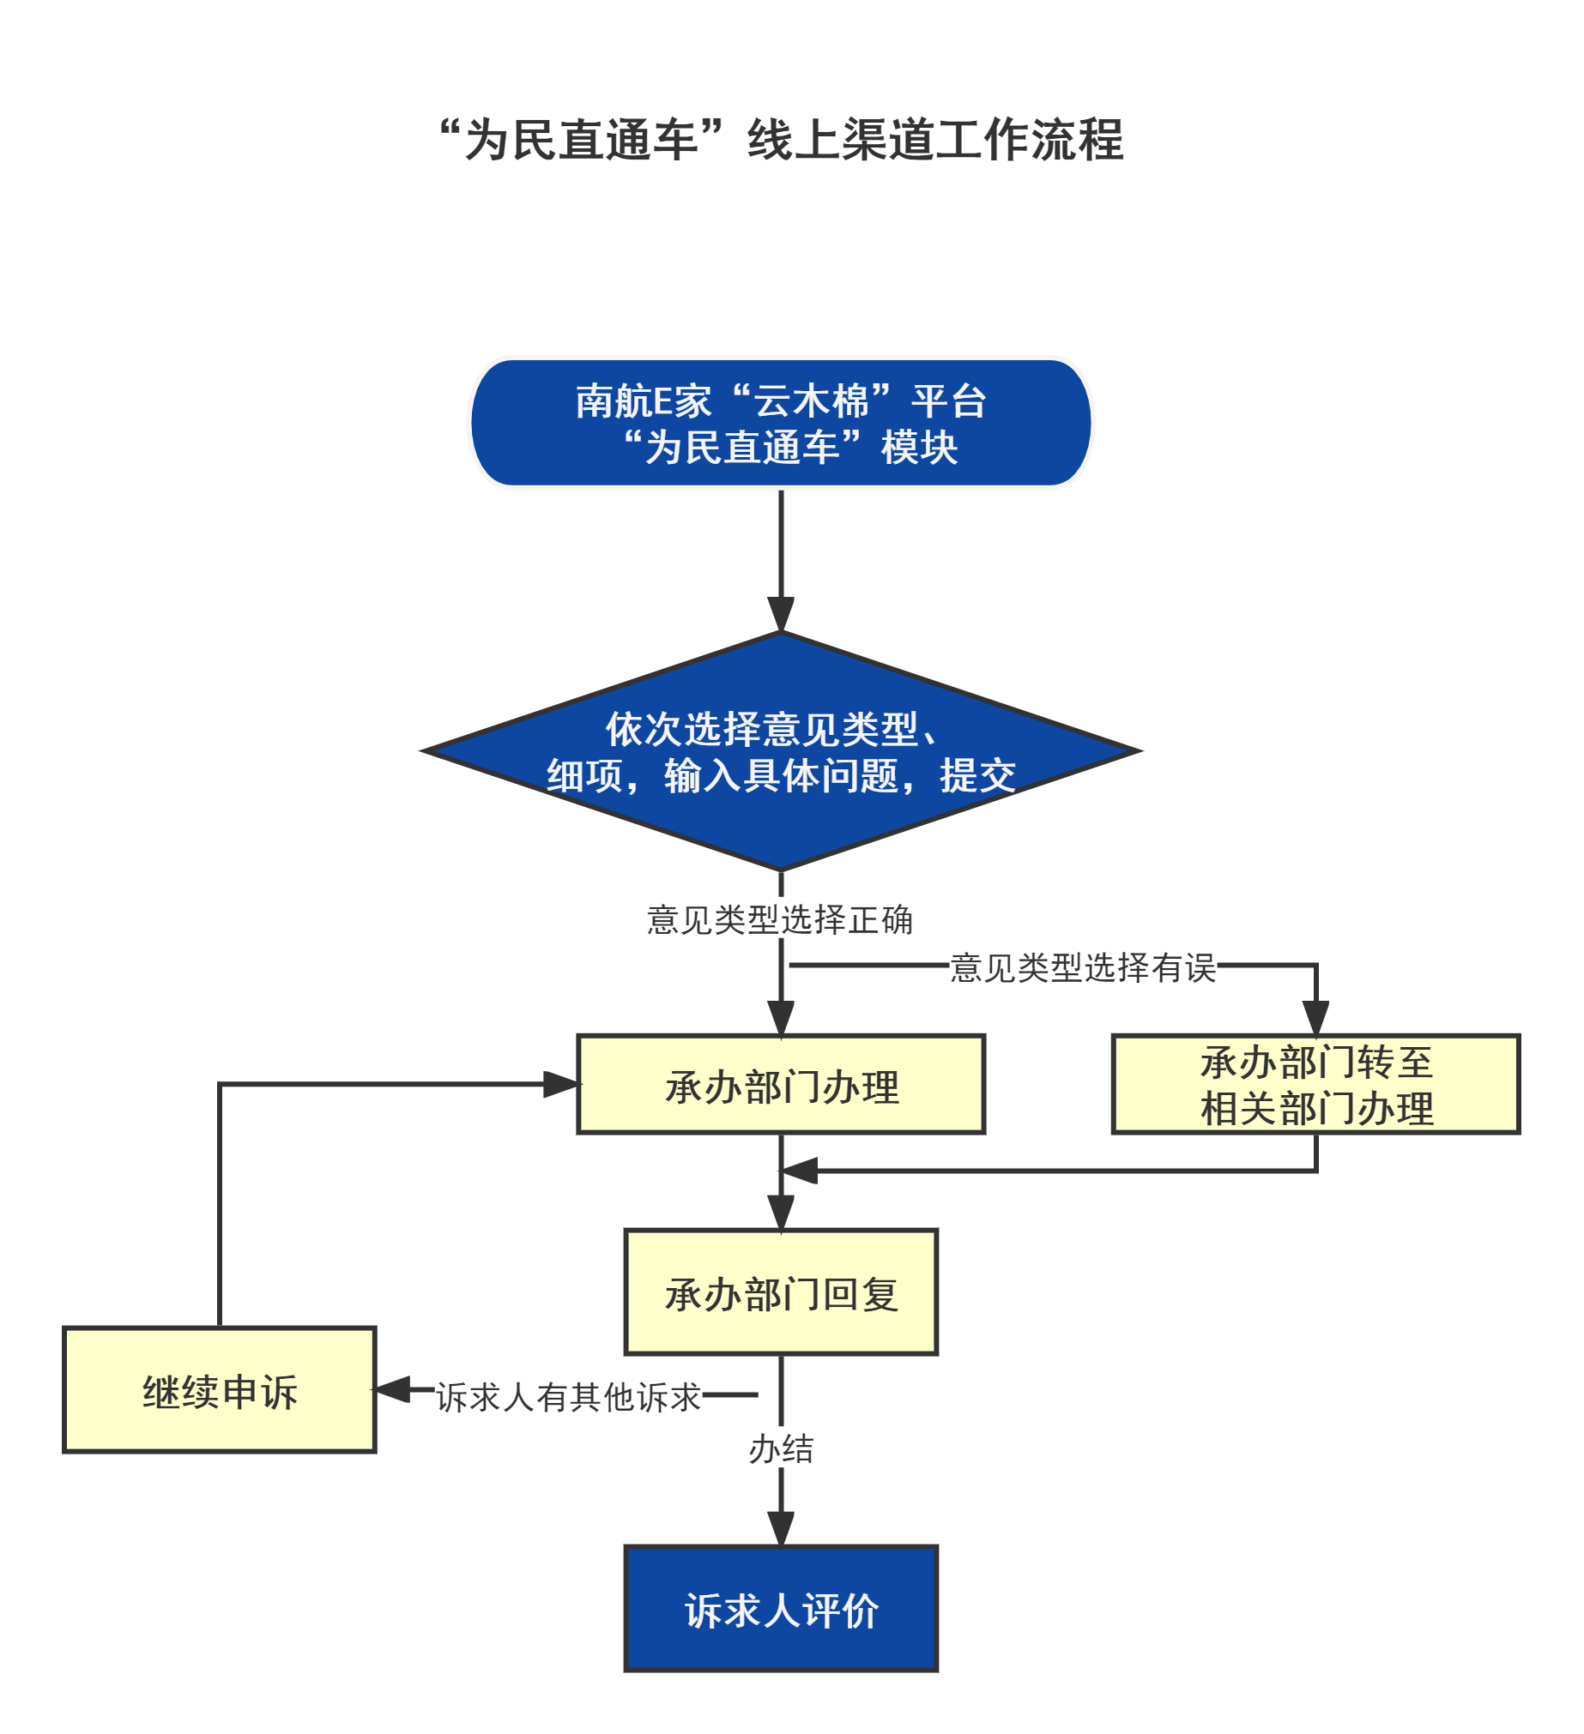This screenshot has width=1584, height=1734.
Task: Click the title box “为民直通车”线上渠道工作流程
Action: (767, 138)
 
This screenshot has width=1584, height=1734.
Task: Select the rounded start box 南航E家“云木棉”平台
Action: (780, 423)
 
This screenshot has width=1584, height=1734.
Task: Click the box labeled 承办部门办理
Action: (780, 1085)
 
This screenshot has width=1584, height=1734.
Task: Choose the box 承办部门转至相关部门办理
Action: (1315, 1085)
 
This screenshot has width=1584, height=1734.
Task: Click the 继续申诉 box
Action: (220, 1391)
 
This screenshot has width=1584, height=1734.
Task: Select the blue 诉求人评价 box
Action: (780, 1610)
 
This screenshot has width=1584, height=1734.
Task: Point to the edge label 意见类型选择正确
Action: (779, 918)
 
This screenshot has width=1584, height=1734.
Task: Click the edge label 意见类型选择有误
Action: (1082, 966)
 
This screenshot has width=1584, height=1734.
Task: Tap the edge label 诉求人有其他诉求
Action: (568, 1395)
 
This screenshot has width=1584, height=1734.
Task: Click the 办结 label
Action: (780, 1449)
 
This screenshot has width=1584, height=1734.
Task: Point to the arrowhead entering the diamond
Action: (780, 614)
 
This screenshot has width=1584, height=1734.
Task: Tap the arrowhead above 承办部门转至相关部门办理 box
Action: (1315, 1017)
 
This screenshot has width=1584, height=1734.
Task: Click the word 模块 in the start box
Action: (919, 449)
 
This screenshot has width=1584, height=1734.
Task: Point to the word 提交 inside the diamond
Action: (977, 776)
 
